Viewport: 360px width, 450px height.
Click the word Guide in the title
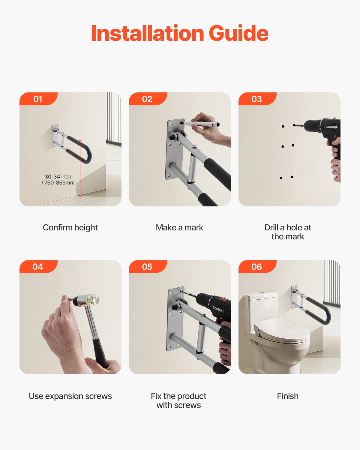point(238,33)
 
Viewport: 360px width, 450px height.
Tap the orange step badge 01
point(38,99)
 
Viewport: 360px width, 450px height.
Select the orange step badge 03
point(256,99)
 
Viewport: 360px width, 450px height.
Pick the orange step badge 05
point(147,267)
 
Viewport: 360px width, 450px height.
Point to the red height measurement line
point(80,168)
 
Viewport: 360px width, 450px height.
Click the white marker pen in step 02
point(201,124)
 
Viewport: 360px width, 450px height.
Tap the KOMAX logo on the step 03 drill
point(331,127)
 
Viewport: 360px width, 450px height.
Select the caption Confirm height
point(70,228)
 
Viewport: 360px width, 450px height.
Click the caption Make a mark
point(179,228)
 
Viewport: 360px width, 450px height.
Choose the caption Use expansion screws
point(70,396)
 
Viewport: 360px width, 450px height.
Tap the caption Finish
point(288,396)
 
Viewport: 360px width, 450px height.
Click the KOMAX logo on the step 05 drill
point(218,309)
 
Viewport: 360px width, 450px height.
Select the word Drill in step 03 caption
point(271,228)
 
